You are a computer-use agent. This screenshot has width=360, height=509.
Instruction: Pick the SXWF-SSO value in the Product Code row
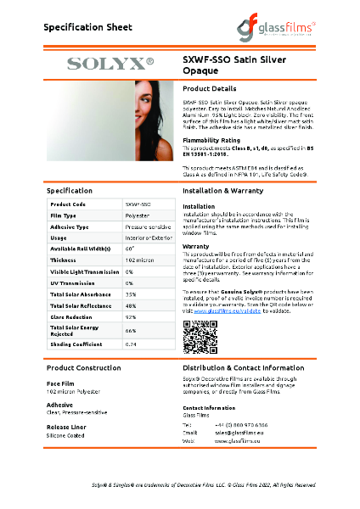138,204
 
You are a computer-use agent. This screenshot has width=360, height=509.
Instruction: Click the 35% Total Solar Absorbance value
131,294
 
